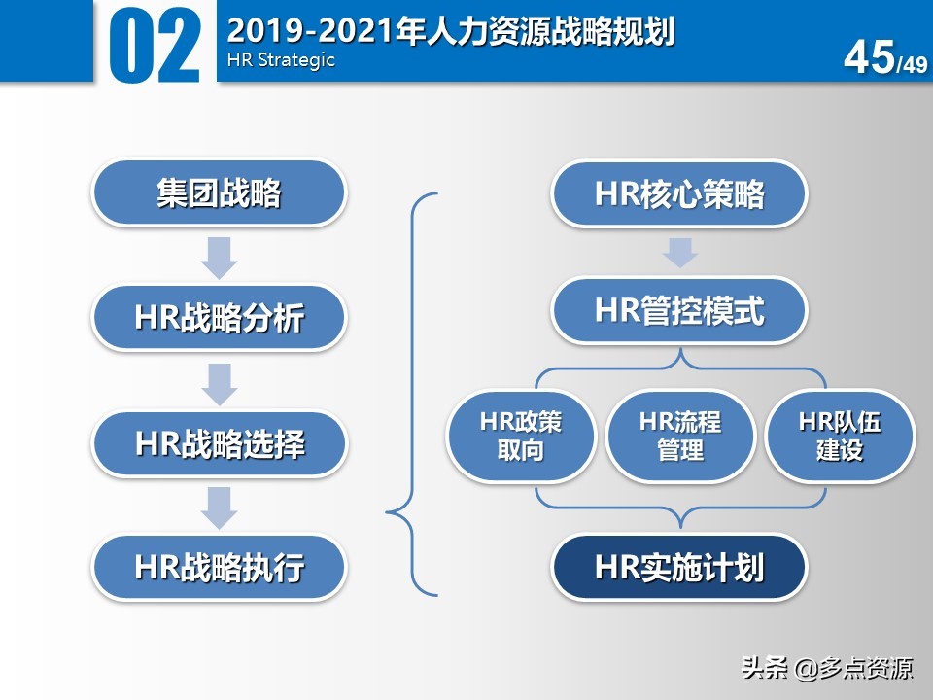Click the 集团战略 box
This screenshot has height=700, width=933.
[x=219, y=193]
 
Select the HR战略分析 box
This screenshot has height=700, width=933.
[x=219, y=318]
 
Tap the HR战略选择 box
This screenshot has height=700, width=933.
[x=219, y=443]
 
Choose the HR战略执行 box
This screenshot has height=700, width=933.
[x=219, y=567]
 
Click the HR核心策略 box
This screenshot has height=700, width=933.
[x=679, y=193]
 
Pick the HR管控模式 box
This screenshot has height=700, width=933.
[x=679, y=311]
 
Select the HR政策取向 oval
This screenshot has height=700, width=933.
[x=521, y=437]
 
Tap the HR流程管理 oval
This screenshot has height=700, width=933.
[x=679, y=437]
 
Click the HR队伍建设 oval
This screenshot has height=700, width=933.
[x=839, y=437]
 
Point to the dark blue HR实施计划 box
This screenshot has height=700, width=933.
[x=679, y=567]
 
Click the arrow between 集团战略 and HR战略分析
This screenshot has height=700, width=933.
[x=219, y=256]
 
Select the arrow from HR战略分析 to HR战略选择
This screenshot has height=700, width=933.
[x=219, y=382]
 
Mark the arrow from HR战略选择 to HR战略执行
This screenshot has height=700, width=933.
[x=219, y=507]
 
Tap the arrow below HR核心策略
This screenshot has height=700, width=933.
[x=679, y=251]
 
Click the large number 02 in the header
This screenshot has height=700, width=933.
[x=155, y=44]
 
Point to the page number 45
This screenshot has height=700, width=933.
[x=868, y=58]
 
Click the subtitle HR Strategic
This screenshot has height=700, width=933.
[x=280, y=60]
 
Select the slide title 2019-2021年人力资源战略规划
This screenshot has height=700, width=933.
[x=450, y=30]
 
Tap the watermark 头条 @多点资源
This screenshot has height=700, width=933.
[x=827, y=668]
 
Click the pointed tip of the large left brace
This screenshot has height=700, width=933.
[x=389, y=509]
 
